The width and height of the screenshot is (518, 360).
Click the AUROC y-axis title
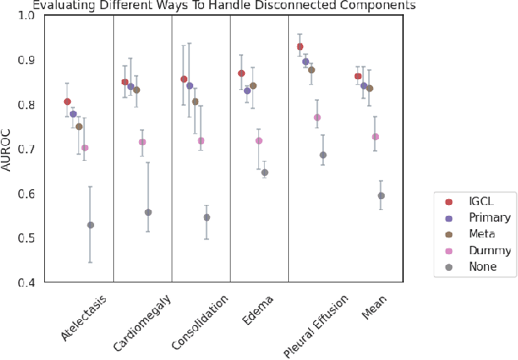click(x=7, y=149)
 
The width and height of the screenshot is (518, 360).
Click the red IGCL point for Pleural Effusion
click(x=300, y=47)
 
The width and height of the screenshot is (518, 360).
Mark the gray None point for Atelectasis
click(x=91, y=225)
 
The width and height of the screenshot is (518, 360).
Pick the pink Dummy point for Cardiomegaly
click(x=142, y=142)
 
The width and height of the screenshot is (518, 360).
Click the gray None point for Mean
click(x=381, y=196)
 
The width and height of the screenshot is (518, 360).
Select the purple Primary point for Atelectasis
click(x=73, y=113)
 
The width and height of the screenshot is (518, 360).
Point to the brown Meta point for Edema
click(x=253, y=86)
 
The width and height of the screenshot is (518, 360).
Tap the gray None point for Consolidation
click(x=207, y=217)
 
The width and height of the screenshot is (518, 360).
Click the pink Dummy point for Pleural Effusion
click(x=317, y=117)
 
